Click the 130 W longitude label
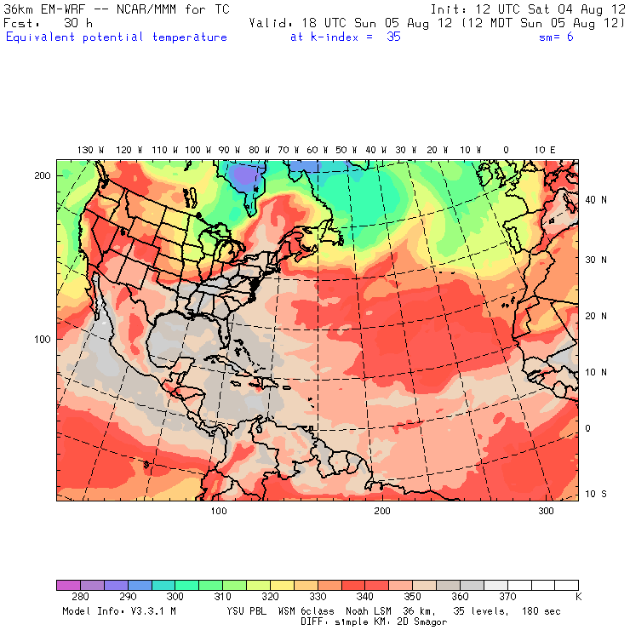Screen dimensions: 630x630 point(85,150)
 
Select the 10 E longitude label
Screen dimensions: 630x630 point(545,150)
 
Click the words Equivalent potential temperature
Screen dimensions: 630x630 point(117,37)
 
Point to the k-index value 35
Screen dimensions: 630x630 point(393,37)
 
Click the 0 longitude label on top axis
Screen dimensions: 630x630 point(506,150)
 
